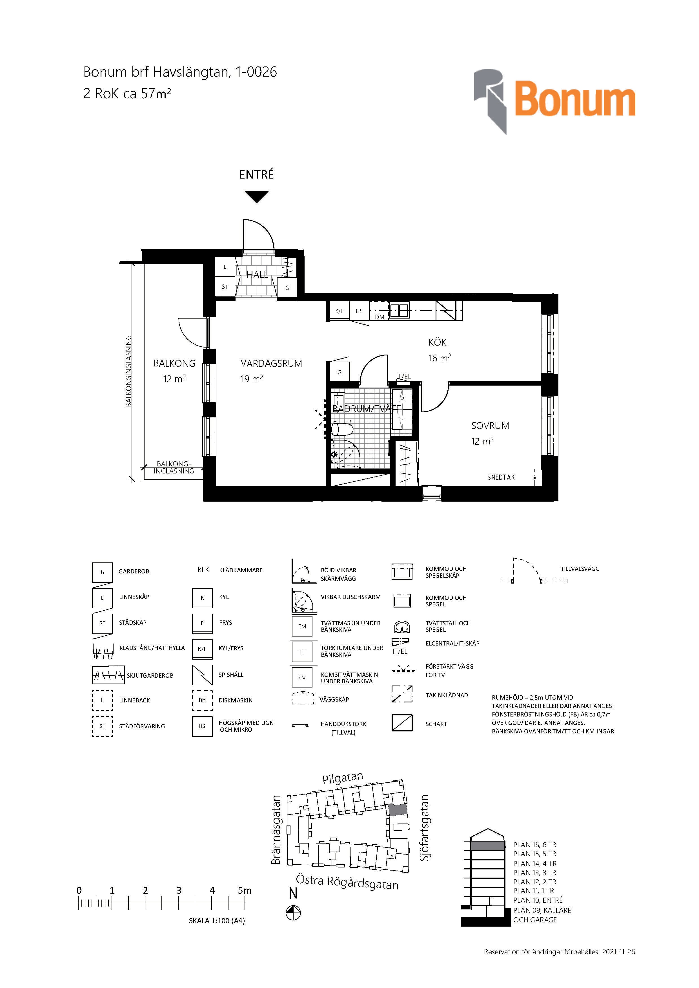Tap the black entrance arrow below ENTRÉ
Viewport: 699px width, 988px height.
click(257, 197)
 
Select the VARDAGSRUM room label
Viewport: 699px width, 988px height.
click(271, 364)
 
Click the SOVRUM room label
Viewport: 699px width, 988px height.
click(490, 426)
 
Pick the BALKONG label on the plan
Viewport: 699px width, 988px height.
click(174, 364)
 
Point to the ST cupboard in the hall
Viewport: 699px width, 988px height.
click(225, 287)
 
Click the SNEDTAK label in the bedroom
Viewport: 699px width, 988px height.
click(501, 477)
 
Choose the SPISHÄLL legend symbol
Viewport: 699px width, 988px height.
click(202, 675)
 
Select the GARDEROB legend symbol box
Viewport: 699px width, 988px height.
click(103, 572)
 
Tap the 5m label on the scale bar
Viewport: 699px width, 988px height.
click(245, 890)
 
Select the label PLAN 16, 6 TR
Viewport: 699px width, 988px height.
click(534, 845)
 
